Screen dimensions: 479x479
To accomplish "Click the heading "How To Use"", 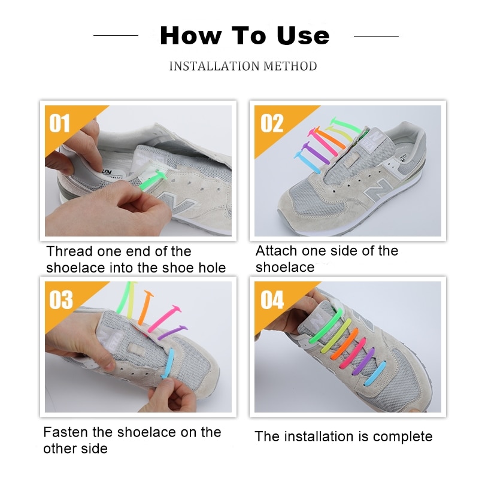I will point(244,36).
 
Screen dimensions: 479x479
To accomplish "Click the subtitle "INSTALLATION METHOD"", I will point(243,66).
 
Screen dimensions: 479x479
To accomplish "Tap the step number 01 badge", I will point(60,123).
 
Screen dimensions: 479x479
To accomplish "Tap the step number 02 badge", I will point(272,123).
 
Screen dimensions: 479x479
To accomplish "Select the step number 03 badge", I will point(60,299).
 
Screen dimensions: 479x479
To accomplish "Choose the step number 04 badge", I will point(272,299).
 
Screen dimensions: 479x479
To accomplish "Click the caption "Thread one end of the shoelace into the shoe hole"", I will point(136,259).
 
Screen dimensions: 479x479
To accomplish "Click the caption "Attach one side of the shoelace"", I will point(326,259).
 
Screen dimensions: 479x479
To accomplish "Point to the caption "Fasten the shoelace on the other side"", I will point(132,440).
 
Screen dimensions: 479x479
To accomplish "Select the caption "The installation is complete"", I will point(343,436).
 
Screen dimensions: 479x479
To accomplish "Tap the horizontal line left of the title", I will point(116,36).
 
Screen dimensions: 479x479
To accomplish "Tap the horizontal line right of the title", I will point(376,36).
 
